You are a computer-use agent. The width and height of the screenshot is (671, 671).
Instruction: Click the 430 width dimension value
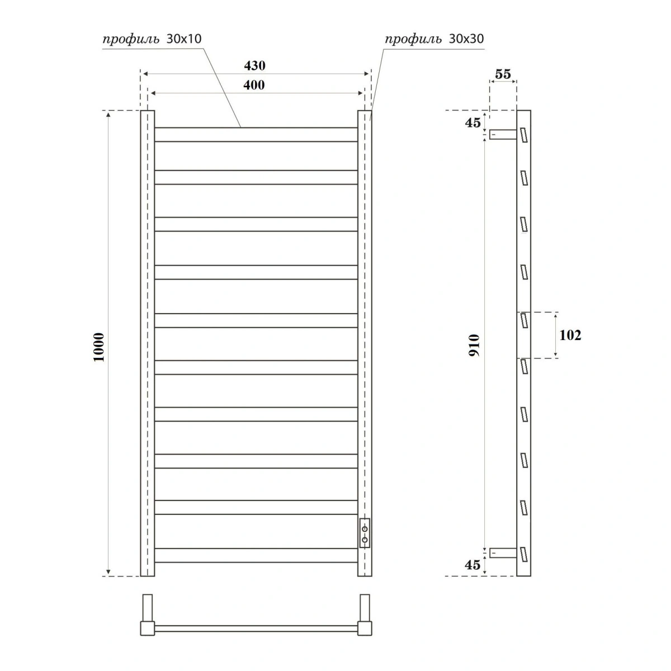pos(254,65)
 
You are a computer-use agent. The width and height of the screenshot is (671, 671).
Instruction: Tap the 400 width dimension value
pos(254,85)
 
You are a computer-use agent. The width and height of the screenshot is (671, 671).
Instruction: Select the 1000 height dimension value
pos(99,347)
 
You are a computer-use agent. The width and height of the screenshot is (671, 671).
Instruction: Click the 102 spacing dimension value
pos(570,335)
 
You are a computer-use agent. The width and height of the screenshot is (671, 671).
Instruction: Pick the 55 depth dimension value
pos(503,74)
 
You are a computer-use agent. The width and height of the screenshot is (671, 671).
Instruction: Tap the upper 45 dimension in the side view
pos(472,122)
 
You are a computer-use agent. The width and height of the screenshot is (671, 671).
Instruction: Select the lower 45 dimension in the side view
pos(472,565)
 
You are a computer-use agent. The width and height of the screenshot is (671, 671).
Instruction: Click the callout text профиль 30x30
pos(434,39)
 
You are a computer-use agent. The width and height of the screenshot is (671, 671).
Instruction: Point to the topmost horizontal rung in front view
pos(256,135)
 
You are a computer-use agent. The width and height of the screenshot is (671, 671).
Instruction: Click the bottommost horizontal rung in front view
pos(256,555)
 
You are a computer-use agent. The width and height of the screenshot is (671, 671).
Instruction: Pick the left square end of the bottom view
pos(147,628)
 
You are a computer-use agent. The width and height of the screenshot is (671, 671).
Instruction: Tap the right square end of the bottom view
pos(365,628)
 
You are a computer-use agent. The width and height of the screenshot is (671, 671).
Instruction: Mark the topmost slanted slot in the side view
pos(524,135)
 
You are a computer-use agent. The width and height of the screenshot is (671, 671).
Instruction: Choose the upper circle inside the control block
pos(365,528)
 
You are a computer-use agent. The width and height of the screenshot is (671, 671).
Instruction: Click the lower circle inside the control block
pos(365,540)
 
